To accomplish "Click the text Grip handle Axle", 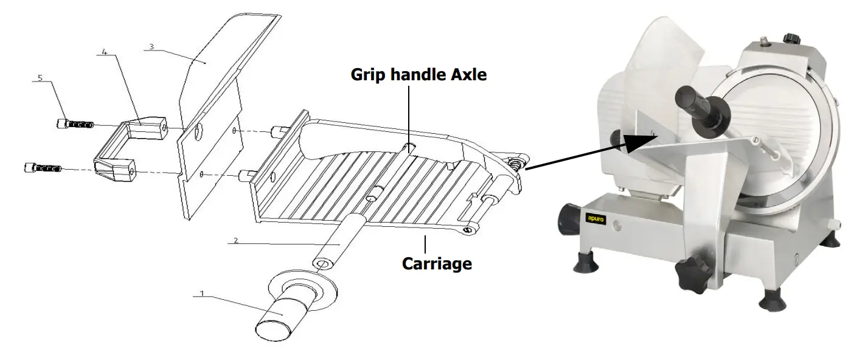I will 418,75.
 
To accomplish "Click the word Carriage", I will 437,264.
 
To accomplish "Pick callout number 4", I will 105,52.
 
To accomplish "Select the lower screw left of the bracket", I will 43,167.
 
